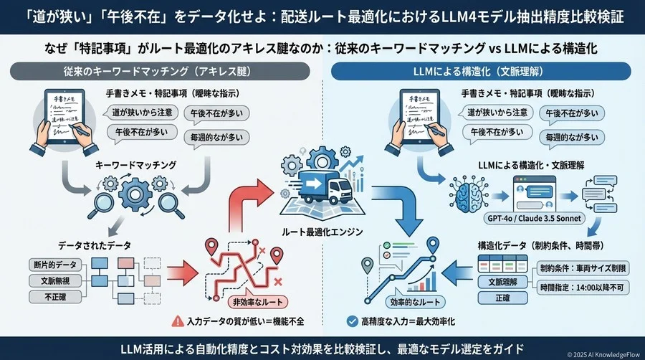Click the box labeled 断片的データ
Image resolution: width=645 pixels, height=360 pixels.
[x=56, y=265]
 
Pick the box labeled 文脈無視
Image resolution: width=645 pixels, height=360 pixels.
[x=56, y=280]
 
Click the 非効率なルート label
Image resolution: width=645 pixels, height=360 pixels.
[x=239, y=301]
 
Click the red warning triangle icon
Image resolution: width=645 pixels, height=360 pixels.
[x=176, y=321]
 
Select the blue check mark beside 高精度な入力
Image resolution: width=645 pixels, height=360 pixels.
[x=352, y=321]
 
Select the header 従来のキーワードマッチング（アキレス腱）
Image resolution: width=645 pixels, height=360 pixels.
[x=161, y=72]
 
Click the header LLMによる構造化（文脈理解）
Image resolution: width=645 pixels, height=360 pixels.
[x=484, y=72]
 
